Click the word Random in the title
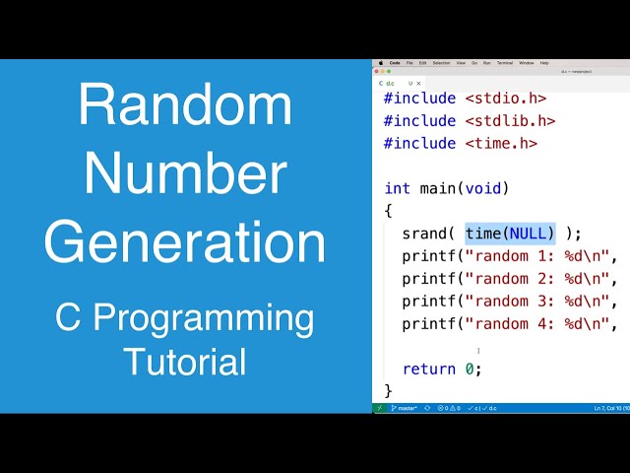point(185,106)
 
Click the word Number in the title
point(185,173)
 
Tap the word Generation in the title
point(185,242)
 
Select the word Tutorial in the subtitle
point(185,361)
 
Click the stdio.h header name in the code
point(505,98)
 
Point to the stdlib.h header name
point(510,120)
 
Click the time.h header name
point(501,143)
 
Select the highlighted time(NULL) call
point(510,234)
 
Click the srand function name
point(425,234)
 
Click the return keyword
point(429,369)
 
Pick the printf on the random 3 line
point(429,302)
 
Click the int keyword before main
point(397,188)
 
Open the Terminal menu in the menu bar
point(504,62)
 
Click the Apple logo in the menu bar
point(380,62)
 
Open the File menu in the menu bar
point(409,62)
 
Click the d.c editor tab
point(390,84)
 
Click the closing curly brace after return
point(388,391)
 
